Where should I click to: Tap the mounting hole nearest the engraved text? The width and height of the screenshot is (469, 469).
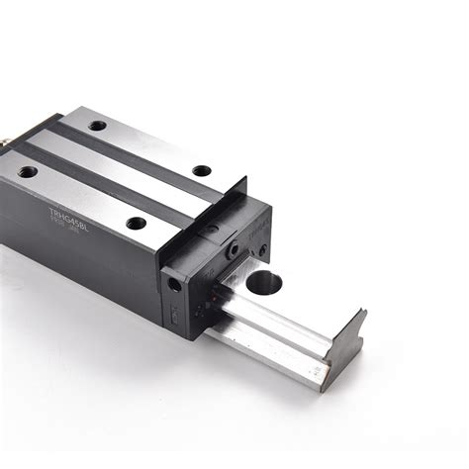click(136, 224)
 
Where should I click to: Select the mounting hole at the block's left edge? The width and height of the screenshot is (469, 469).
click(28, 171)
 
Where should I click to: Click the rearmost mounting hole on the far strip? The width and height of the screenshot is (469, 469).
click(97, 126)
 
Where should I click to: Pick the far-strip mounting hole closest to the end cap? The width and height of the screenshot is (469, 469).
click(201, 170)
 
